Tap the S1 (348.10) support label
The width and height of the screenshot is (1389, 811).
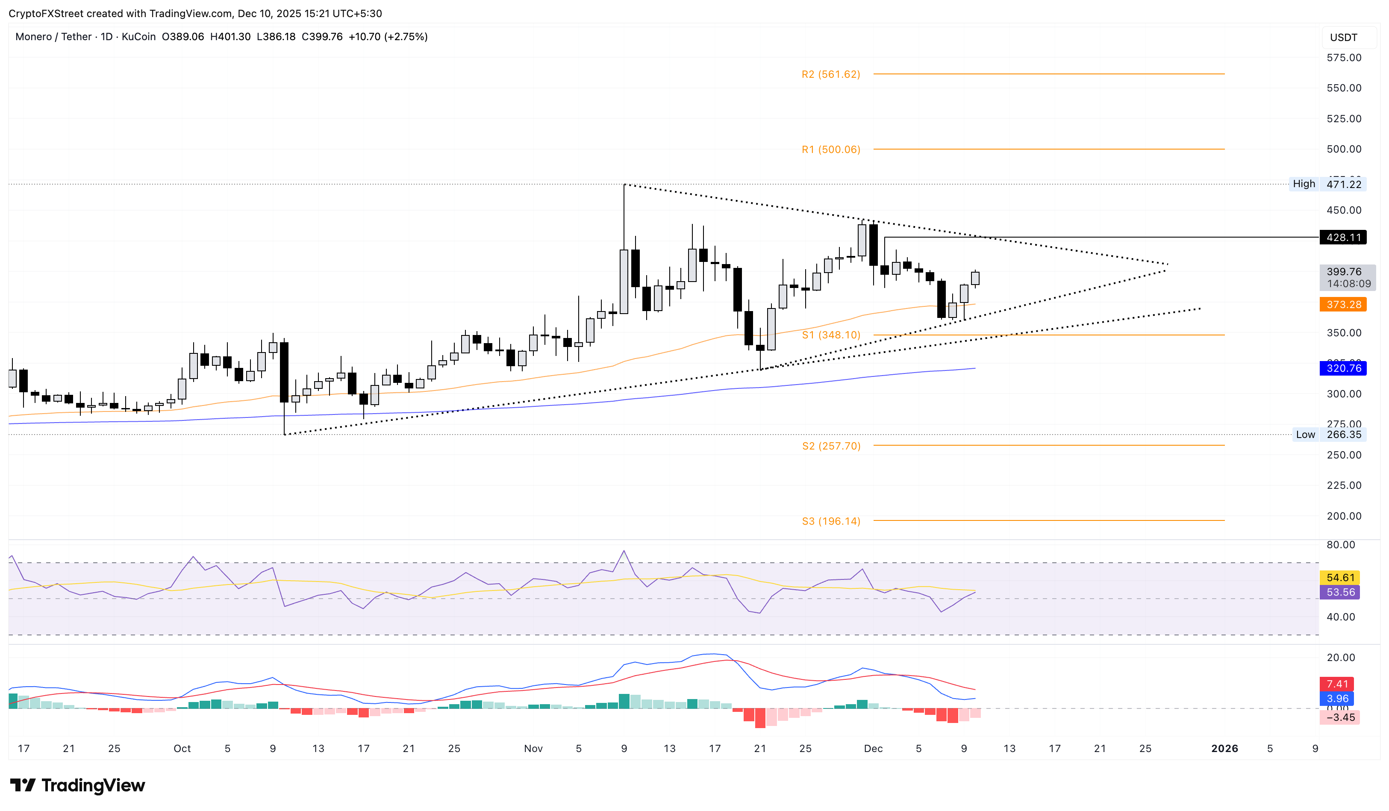831,335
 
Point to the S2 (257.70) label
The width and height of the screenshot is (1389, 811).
831,446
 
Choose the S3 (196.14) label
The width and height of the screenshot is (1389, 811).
831,521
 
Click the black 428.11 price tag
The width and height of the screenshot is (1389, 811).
1343,238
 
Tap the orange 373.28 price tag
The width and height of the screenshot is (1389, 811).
1343,305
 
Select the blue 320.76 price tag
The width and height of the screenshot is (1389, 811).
1343,368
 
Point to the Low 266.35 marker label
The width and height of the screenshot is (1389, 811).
1328,435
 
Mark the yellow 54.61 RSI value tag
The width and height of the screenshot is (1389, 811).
1339,577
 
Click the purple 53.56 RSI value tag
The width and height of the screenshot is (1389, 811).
1339,592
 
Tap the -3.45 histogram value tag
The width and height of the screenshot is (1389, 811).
1339,717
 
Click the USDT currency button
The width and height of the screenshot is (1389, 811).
1343,38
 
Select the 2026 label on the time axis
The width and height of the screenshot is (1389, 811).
1224,748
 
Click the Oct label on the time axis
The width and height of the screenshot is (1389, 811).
182,748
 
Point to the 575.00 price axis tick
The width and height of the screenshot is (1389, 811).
1343,58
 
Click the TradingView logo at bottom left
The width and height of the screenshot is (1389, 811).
78,785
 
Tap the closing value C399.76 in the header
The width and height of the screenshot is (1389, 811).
322,37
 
